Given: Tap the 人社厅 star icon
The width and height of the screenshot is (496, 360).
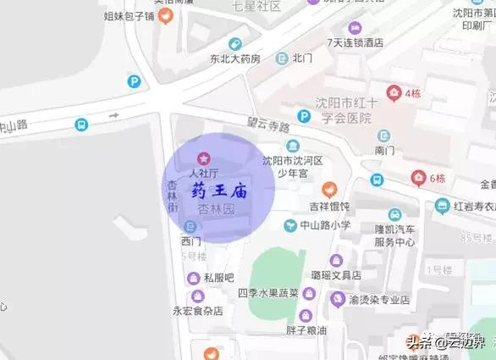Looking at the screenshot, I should pos(202,158).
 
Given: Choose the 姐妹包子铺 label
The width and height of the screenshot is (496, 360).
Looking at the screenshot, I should pos(130,16).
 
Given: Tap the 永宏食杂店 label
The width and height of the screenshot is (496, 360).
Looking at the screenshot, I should pos(197,311).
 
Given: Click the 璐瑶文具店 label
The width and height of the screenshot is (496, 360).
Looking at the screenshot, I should pos(335,275).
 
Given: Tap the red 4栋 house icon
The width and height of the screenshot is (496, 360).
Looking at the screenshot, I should pos(394,92).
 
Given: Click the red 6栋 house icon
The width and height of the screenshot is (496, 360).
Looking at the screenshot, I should pos(418,178).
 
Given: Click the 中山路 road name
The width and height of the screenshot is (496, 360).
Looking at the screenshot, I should pos(14,126).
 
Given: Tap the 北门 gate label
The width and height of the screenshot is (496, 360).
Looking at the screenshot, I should pos(302,59).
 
